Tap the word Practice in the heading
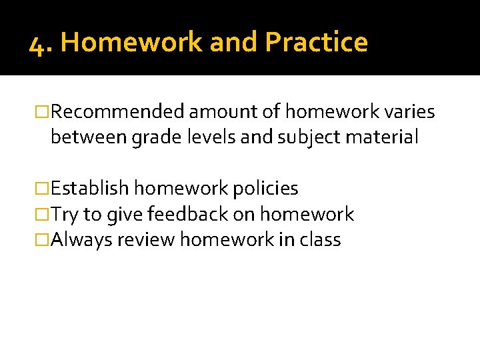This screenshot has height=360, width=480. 316,43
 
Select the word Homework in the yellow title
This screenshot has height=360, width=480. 131,43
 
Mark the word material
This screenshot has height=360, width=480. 384,137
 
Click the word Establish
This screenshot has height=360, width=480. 90,189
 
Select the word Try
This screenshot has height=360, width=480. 65,215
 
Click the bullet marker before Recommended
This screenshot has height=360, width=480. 43,112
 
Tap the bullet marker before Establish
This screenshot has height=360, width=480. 43,189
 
